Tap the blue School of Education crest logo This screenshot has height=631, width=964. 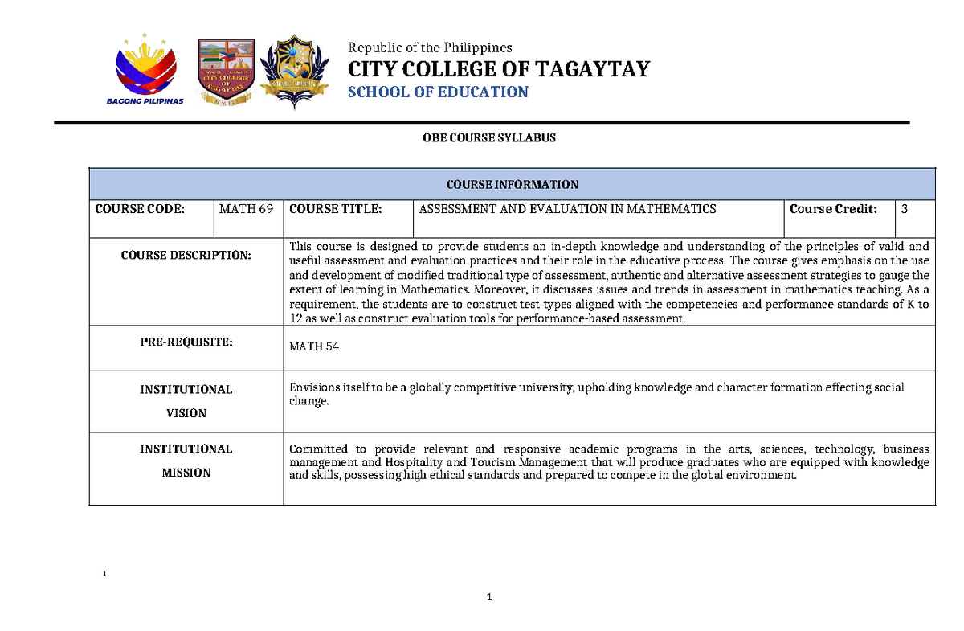click(x=298, y=72)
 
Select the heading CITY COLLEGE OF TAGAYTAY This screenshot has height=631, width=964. click(x=498, y=69)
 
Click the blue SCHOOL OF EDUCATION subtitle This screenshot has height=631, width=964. click(x=438, y=92)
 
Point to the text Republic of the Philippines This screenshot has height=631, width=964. click(x=429, y=47)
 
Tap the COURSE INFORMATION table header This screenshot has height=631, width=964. click(x=513, y=184)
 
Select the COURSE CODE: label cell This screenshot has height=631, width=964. click(x=140, y=209)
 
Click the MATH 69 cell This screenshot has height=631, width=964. click(x=246, y=209)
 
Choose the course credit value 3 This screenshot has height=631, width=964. click(x=905, y=209)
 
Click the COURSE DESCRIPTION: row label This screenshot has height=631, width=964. click(x=186, y=255)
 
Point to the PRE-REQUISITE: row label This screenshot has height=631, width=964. click(x=186, y=342)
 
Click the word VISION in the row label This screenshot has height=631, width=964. click(x=186, y=413)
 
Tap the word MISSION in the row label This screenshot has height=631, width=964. click(x=186, y=473)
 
